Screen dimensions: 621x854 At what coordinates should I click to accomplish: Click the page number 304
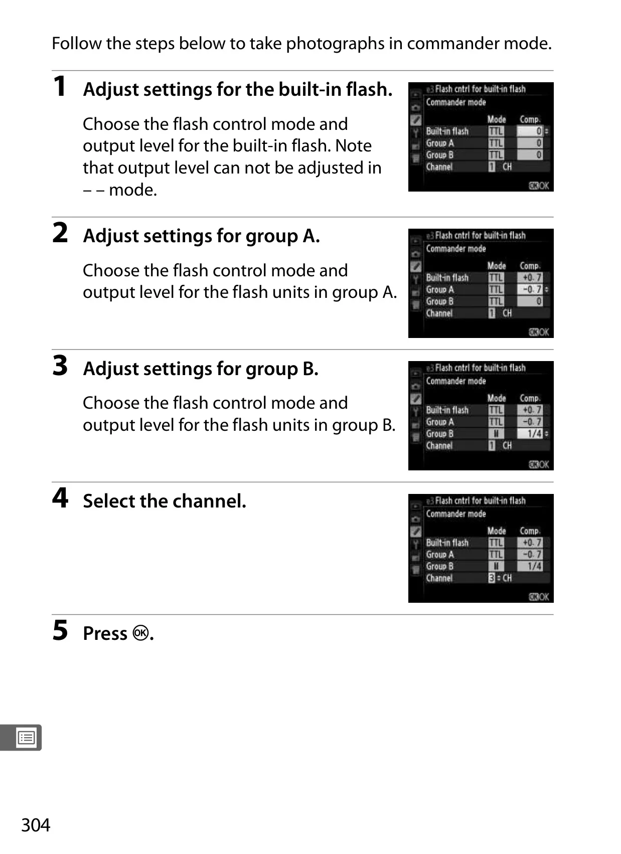point(36,825)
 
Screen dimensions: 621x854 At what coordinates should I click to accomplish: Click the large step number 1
point(60,86)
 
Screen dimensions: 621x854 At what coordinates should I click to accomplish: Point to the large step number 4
point(60,497)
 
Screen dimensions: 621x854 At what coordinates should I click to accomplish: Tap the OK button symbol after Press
point(140,633)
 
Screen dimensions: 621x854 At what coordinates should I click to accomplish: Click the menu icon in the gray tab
point(26,738)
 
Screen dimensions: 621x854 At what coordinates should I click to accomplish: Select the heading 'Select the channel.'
point(165,501)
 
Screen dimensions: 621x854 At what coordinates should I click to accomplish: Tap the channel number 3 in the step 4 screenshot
point(492,578)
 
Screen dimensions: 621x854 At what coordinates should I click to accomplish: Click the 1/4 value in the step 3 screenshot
point(534,433)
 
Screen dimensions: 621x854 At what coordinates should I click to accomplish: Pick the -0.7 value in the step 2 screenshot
point(532,289)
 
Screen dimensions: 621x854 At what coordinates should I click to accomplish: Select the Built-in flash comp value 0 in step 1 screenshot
point(539,131)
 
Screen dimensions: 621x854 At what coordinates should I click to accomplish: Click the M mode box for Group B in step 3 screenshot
point(496,433)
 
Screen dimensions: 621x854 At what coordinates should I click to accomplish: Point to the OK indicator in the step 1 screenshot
point(539,186)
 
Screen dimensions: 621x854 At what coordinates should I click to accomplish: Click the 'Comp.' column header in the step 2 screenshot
point(530,266)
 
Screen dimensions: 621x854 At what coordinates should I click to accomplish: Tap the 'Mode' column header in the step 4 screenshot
point(496,531)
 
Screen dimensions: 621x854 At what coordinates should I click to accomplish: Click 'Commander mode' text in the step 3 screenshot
point(456,381)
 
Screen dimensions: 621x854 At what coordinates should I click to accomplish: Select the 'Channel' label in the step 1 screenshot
point(439,166)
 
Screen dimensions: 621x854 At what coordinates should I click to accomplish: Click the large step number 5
point(60,630)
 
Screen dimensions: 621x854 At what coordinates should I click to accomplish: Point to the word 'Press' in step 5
point(105,633)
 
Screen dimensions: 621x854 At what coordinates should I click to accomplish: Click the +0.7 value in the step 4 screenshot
point(532,543)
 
